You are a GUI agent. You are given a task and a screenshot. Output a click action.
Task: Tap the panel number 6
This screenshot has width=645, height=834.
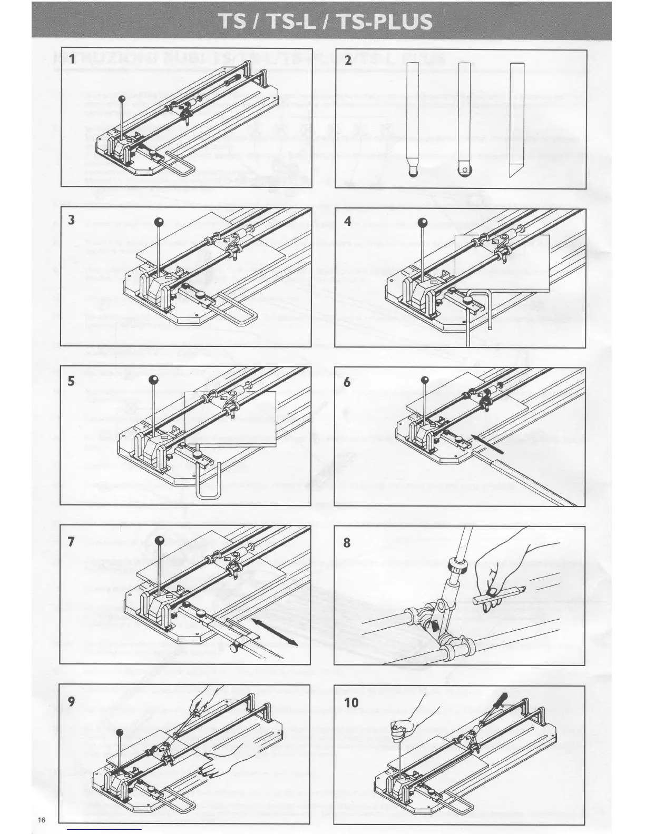click(347, 382)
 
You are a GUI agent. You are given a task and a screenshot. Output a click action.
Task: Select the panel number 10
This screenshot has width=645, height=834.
click(351, 702)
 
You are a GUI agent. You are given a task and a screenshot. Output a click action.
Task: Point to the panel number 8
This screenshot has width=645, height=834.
click(347, 542)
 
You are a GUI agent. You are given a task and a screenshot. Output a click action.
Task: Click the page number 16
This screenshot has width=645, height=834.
click(42, 820)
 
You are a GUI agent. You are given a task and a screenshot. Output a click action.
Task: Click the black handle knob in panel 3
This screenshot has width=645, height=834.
click(160, 222)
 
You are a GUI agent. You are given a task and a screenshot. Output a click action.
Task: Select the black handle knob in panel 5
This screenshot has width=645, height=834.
click(153, 380)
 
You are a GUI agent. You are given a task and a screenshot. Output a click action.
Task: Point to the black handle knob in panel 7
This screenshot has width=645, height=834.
click(160, 540)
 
